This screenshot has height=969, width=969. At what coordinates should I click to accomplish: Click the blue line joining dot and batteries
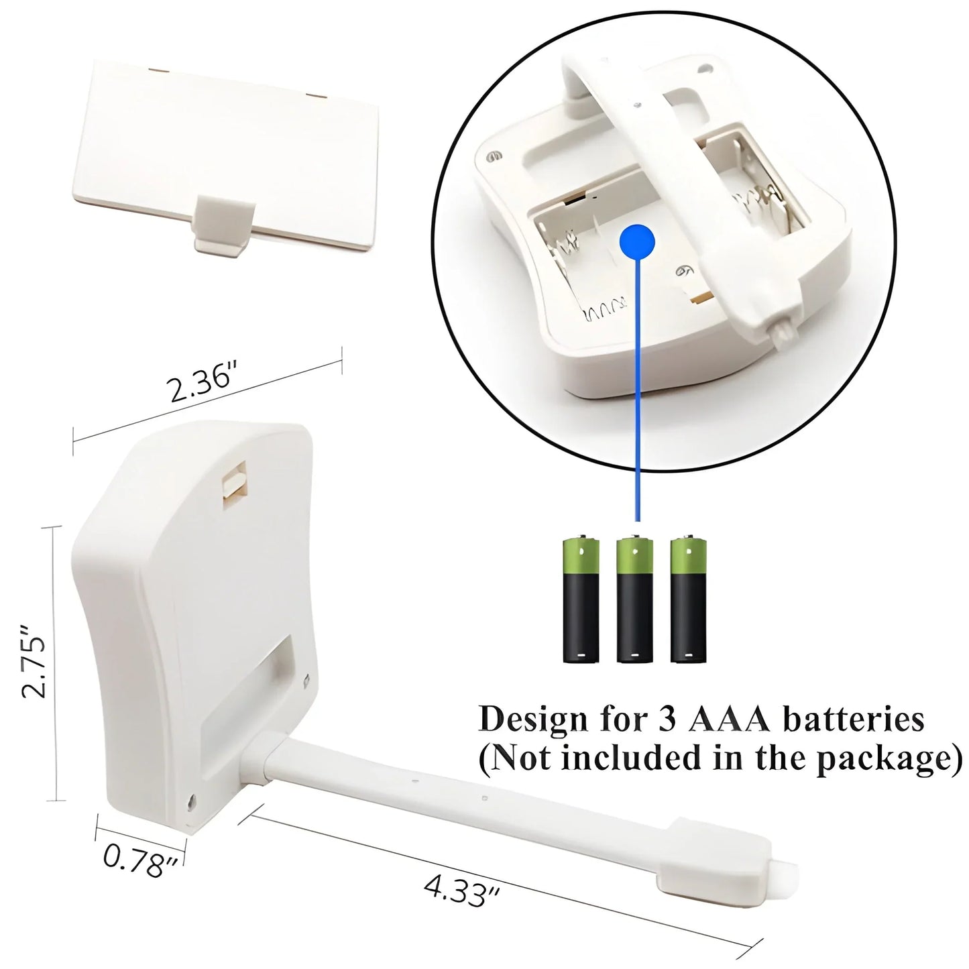click(638, 390)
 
